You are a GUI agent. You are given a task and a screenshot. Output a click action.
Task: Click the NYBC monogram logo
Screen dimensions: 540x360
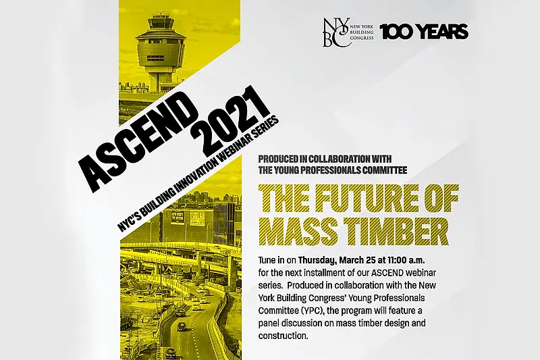point(335,32)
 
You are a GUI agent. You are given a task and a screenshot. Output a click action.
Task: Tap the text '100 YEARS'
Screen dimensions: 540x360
point(424,32)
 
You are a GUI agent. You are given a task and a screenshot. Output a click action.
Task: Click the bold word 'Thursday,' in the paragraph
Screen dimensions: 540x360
point(317,260)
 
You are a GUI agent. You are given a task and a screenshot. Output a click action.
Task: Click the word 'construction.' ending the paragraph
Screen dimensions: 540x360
point(283,336)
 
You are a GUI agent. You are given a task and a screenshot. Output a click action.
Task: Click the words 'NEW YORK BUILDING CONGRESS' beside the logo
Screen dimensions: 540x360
point(362,32)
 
